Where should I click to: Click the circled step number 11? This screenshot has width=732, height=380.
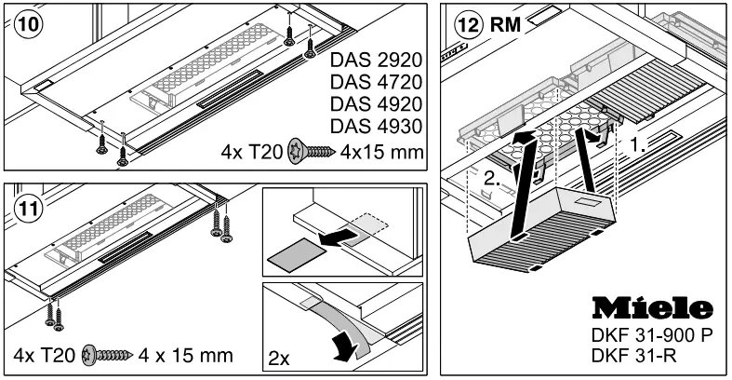pyautogui.click(x=29, y=209)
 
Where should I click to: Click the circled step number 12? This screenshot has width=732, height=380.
pyautogui.click(x=468, y=25)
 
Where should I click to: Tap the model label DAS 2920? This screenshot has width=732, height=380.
pyautogui.click(x=376, y=60)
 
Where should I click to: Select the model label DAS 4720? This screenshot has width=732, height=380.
pyautogui.click(x=376, y=82)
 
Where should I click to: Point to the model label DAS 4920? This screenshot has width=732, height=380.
pyautogui.click(x=376, y=103)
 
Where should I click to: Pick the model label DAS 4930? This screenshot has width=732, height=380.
pyautogui.click(x=376, y=126)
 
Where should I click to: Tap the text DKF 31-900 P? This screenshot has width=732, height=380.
pyautogui.click(x=652, y=334)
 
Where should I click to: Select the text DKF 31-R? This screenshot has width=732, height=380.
pyautogui.click(x=633, y=356)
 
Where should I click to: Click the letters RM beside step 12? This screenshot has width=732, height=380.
pyautogui.click(x=505, y=24)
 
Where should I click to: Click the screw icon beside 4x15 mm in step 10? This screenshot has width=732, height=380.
pyautogui.click(x=312, y=151)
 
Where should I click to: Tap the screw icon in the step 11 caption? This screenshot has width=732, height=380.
pyautogui.click(x=107, y=356)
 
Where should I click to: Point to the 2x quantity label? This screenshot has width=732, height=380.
pyautogui.click(x=279, y=359)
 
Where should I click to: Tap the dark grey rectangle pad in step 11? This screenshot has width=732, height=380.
pyautogui.click(x=296, y=255)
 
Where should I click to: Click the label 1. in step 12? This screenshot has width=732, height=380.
pyautogui.click(x=637, y=146)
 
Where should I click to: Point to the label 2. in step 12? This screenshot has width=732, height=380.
pyautogui.click(x=492, y=178)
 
